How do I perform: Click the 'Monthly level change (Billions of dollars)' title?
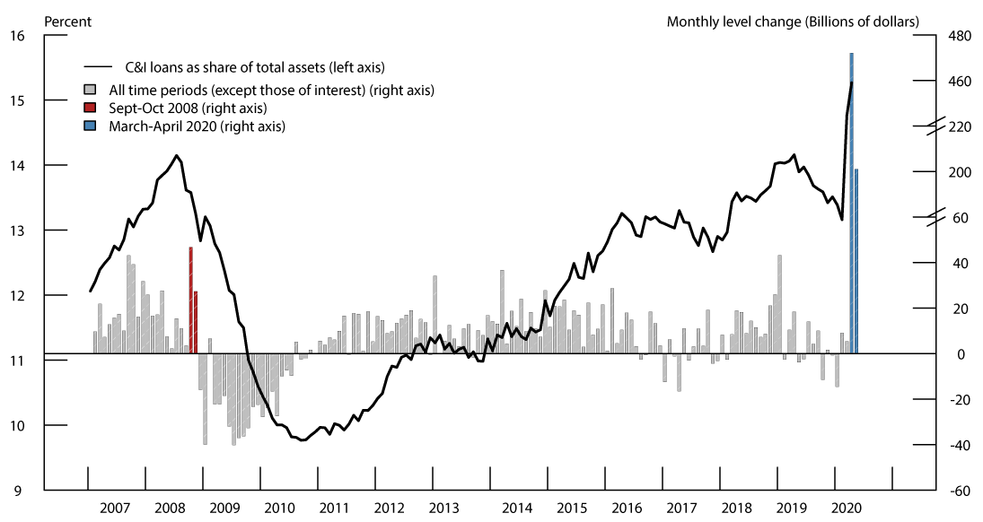click(793, 21)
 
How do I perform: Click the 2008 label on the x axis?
click(171, 507)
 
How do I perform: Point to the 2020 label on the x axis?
click(847, 507)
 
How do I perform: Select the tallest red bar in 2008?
click(190, 300)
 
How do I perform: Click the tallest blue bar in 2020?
click(851, 202)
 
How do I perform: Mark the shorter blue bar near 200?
click(856, 260)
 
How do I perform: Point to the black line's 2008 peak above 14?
click(177, 156)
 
